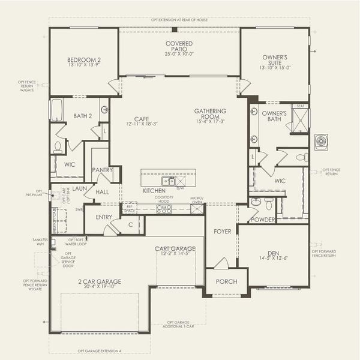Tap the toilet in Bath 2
coord(58,146)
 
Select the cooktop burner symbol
coord(164,209)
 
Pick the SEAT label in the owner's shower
coord(300,106)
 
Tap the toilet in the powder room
coord(256,203)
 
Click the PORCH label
coord(227,281)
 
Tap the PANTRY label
coord(102,170)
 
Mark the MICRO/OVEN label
coord(197,200)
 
